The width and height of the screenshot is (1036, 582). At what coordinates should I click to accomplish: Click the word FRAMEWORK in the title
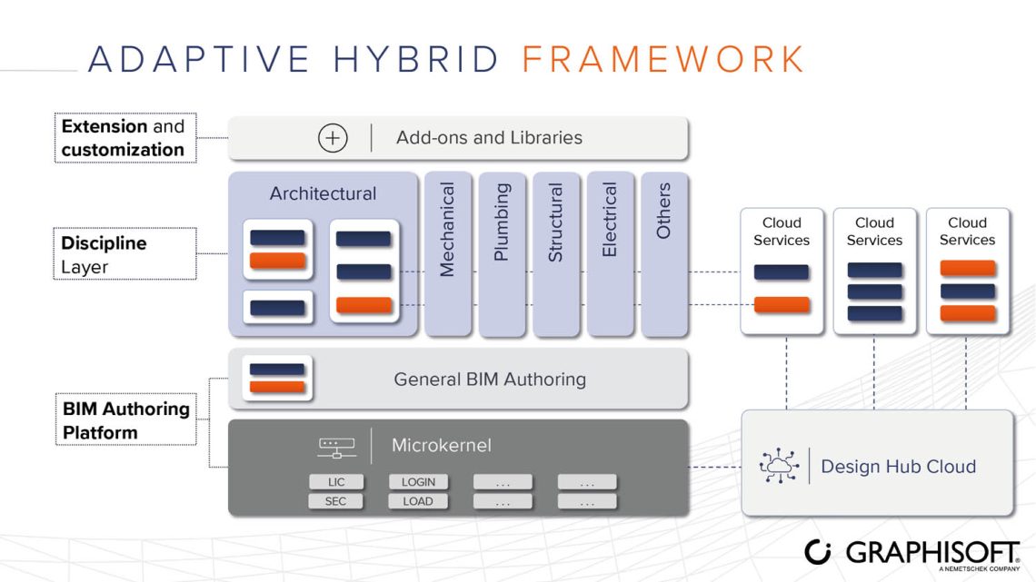coord(663,59)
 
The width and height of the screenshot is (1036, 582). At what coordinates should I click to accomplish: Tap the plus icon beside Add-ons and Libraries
coord(333,138)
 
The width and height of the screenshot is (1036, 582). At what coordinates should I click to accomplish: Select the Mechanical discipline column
coord(447,253)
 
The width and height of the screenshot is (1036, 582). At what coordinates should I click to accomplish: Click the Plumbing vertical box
coord(502,253)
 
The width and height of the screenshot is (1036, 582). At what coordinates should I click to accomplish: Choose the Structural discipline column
coord(555,253)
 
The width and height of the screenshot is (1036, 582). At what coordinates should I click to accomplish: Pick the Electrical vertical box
coord(610,253)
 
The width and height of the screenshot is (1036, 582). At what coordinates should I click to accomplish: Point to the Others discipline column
coord(663,253)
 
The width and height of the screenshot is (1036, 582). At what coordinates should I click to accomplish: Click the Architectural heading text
coord(323,193)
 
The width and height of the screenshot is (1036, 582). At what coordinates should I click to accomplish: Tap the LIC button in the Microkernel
coord(335,482)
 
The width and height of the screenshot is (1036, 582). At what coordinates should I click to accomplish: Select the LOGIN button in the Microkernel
coord(418,482)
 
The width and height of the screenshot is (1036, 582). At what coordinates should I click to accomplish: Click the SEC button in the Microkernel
coord(335,501)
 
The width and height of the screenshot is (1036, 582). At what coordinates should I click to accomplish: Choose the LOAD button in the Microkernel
coord(418,501)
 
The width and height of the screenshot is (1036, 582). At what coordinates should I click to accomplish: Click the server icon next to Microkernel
coord(336,446)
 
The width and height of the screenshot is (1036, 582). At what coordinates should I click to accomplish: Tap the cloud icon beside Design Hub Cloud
coord(778,467)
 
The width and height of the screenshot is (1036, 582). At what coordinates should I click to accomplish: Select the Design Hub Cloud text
coord(898,467)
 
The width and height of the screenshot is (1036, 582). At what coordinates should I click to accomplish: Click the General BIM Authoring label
coord(490,380)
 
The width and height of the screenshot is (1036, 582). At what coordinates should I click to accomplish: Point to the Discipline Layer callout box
coord(125,254)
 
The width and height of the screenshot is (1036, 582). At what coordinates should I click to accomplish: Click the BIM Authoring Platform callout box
coord(125,420)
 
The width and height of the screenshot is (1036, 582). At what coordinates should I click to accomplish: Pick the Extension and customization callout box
coord(125,138)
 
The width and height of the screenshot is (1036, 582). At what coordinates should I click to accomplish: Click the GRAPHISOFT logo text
coord(932,551)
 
